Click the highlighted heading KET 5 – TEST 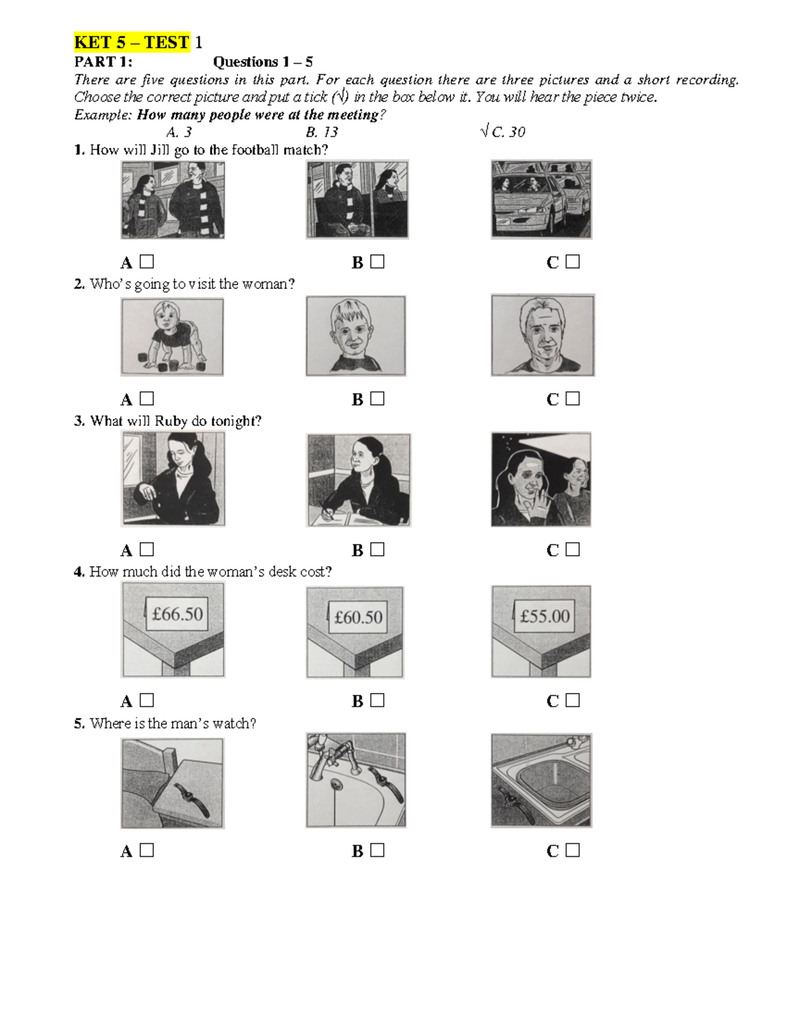132,43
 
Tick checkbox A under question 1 147,262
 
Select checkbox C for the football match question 573,262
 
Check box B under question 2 377,399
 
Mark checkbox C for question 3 573,549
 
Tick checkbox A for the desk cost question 147,700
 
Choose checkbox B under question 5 377,850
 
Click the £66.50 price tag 177,614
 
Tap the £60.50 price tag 358,617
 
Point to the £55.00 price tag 544,616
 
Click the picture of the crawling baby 172,336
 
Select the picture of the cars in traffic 541,199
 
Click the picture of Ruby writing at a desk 358,480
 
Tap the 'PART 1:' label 103,62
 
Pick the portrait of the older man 542,336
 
